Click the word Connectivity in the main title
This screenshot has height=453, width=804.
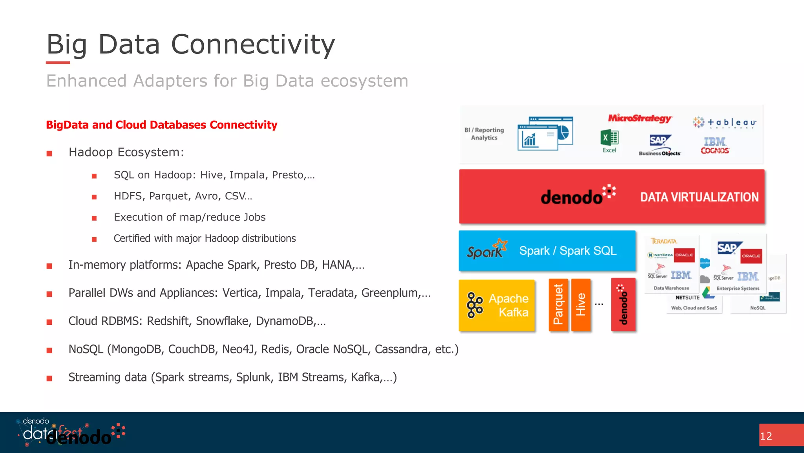(x=253, y=44)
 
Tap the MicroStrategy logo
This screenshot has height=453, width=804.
(x=640, y=118)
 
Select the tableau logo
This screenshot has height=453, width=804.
(x=725, y=123)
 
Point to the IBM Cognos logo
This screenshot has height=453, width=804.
(x=715, y=145)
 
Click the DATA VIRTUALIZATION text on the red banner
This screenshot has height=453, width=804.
(x=699, y=197)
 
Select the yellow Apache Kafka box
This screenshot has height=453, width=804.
(x=497, y=305)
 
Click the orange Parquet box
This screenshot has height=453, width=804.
(x=558, y=305)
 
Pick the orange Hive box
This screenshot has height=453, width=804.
(x=581, y=305)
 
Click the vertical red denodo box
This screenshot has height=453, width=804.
(x=623, y=305)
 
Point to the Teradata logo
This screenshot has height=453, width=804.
(x=664, y=241)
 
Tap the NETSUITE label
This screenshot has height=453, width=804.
(x=687, y=298)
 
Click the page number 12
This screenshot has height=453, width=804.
(x=766, y=436)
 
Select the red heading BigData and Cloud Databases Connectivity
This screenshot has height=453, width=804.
(x=161, y=125)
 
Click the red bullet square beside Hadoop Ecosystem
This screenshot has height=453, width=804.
(x=49, y=153)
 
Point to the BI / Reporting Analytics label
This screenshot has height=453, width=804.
(x=484, y=134)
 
